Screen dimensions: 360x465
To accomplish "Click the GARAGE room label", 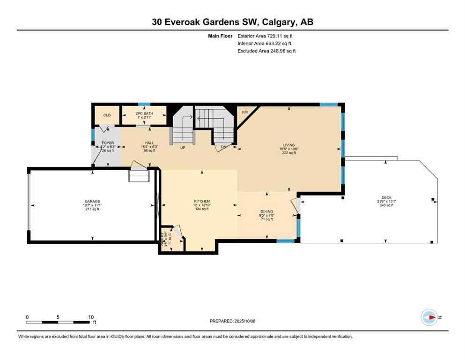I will pos(92,202).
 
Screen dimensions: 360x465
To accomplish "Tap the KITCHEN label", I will pos(202,201).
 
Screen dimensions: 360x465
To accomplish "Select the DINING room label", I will pos(267,211).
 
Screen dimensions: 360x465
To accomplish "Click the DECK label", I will pos(386,197).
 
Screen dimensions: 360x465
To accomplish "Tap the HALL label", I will pos(149,142).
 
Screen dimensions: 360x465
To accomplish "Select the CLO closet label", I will pos(107,115).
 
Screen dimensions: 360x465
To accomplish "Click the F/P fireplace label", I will pos(244,112).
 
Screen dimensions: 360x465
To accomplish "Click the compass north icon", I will pos(428,317).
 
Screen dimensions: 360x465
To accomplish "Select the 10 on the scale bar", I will pos(91,317).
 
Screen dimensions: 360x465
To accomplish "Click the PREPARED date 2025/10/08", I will pos(244,321).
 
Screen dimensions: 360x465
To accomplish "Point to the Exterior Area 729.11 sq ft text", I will pos(266,36).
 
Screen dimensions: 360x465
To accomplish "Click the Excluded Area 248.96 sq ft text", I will pos(266,51).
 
